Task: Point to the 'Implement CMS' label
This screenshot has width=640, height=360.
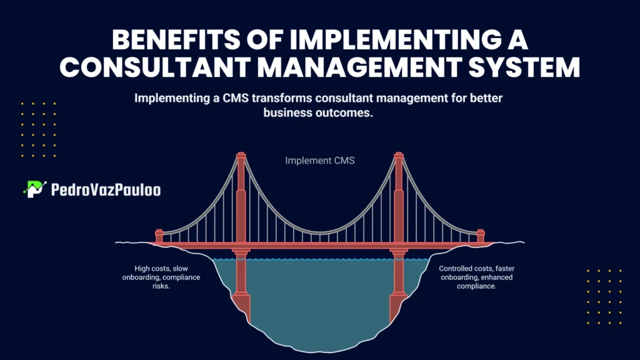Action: (x=320, y=161)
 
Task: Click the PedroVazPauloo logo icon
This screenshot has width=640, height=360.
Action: (x=34, y=189)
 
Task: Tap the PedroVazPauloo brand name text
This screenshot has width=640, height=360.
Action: (x=104, y=189)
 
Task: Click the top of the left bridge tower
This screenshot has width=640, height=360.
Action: (x=241, y=156)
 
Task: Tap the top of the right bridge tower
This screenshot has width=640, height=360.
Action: (x=398, y=156)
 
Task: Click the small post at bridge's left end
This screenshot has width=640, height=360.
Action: (x=159, y=236)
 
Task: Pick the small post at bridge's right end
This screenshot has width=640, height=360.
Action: (x=481, y=236)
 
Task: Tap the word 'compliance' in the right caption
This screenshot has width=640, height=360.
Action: (x=476, y=286)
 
